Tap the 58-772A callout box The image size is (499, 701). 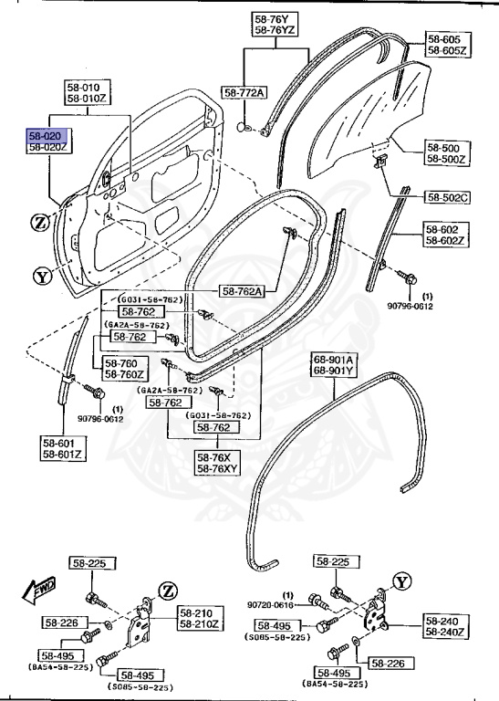[x=244, y=93]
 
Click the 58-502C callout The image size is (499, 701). [x=448, y=196]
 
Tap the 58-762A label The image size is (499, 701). [x=243, y=291]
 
